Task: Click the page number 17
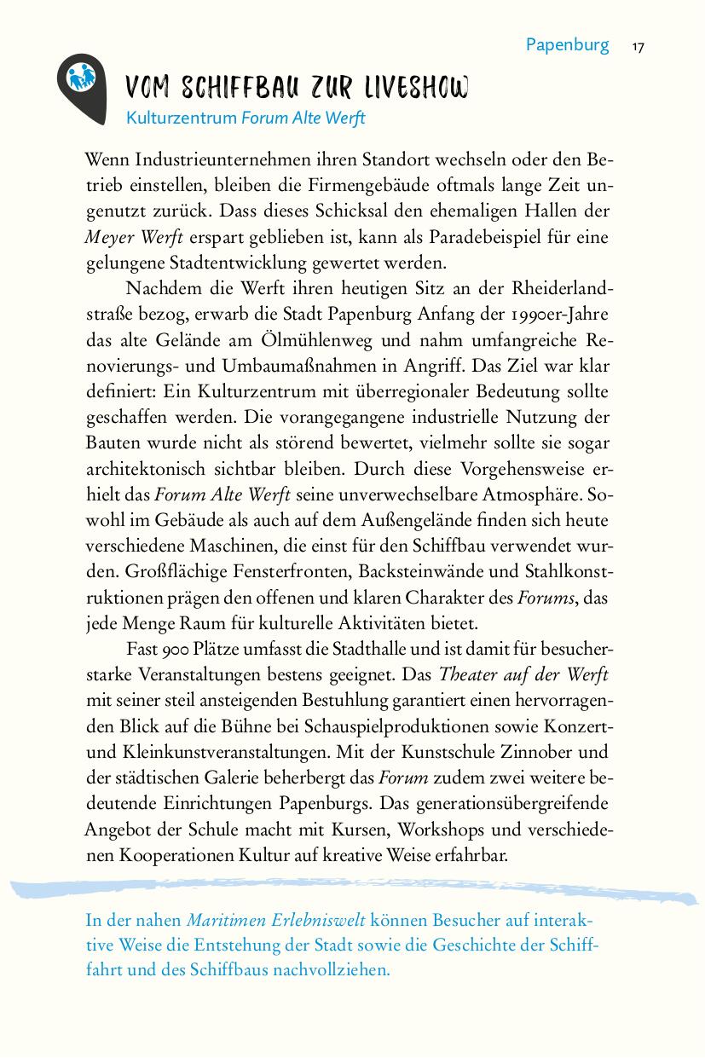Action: (x=638, y=46)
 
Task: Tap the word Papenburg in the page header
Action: (x=567, y=45)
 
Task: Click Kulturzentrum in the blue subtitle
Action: (x=181, y=119)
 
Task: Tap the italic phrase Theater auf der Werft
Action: (x=523, y=675)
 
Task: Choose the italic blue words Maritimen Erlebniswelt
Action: (x=276, y=920)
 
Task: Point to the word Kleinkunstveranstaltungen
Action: (x=223, y=752)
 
